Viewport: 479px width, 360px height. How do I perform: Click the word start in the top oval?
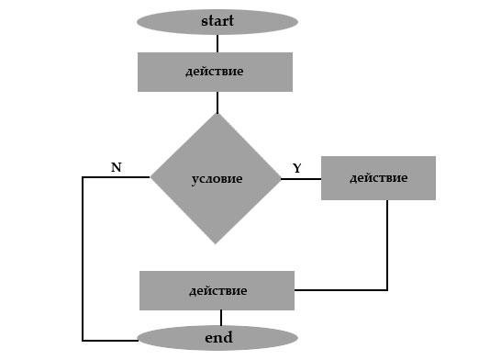(217, 21)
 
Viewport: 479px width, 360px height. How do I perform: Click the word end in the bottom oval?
(218, 337)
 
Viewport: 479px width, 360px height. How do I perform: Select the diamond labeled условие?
(216, 179)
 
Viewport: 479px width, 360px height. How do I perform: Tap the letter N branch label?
(117, 167)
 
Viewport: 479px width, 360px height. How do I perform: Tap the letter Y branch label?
(296, 168)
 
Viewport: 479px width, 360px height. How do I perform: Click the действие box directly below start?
(215, 72)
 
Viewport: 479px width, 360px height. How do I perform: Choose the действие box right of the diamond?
(378, 178)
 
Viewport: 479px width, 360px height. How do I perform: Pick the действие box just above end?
(217, 290)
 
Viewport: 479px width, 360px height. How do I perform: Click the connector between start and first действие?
(217, 43)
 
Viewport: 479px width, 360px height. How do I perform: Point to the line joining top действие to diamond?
(217, 103)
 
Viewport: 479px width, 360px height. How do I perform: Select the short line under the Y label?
(301, 179)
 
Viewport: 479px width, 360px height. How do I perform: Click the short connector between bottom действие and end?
(221, 318)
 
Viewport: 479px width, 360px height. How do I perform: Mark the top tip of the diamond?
(217, 114)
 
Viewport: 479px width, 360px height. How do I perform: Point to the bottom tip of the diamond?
(216, 244)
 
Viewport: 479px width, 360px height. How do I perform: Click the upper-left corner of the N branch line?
(83, 177)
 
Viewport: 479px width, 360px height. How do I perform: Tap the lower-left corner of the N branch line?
(83, 341)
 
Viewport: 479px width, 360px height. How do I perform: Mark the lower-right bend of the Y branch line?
(387, 290)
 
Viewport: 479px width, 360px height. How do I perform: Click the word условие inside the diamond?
(217, 179)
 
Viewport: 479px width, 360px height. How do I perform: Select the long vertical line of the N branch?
(83, 259)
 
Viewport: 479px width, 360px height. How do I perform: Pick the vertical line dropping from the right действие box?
(387, 245)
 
